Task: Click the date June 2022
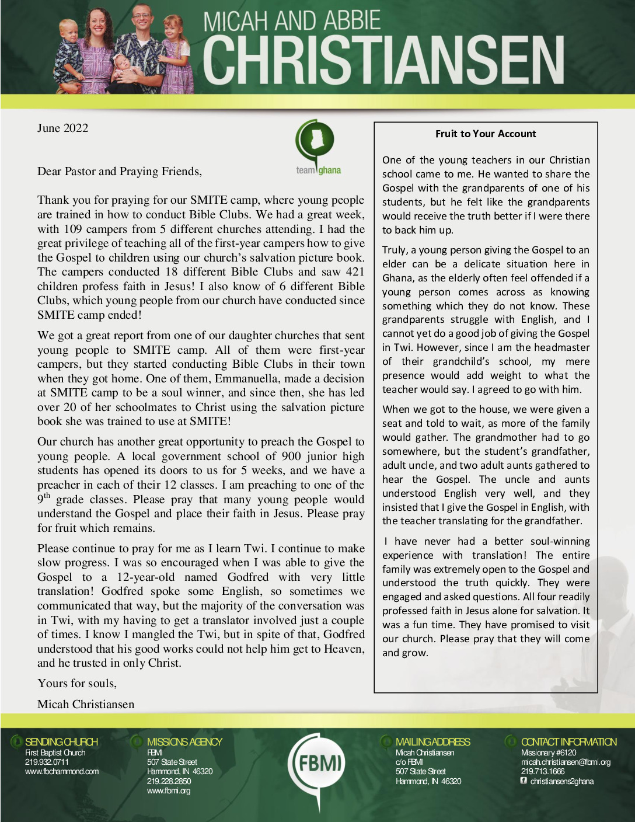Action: tap(62, 128)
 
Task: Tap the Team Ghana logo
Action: tap(317, 147)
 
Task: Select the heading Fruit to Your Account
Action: tap(485, 134)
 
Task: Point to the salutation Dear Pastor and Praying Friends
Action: tap(120, 171)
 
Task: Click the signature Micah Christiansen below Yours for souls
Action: tap(86, 704)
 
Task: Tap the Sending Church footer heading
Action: tap(61, 742)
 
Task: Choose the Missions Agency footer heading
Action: tap(184, 742)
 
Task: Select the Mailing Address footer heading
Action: tap(432, 742)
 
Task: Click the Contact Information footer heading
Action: tap(568, 742)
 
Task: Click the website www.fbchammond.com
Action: tap(62, 771)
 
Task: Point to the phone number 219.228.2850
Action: tap(169, 781)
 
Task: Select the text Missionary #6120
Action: tap(548, 753)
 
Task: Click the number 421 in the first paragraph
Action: tap(354, 272)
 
